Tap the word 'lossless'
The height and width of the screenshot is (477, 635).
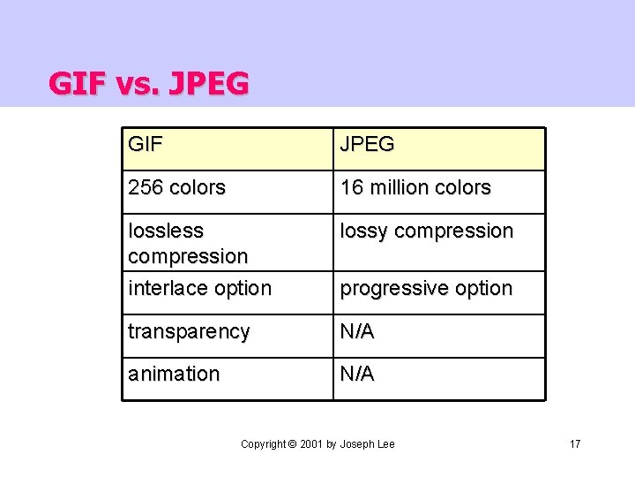(166, 231)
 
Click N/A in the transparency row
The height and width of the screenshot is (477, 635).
(357, 332)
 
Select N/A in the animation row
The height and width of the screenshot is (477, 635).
(357, 374)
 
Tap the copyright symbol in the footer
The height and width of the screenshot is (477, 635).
(292, 443)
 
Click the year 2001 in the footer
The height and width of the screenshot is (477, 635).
(311, 443)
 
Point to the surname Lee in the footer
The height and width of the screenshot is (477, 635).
(385, 443)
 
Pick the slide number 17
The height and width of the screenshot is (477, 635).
(575, 443)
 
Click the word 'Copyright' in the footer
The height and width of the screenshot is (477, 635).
(263, 443)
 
